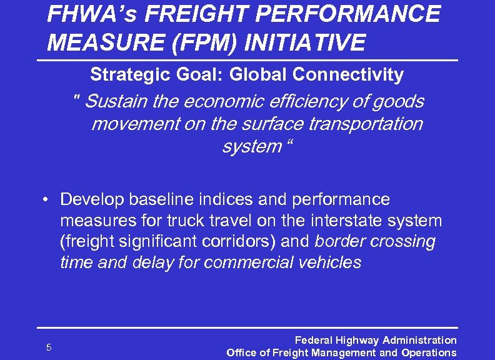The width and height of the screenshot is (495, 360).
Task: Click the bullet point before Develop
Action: [x=46, y=200]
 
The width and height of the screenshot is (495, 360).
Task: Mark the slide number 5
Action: [x=49, y=347]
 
